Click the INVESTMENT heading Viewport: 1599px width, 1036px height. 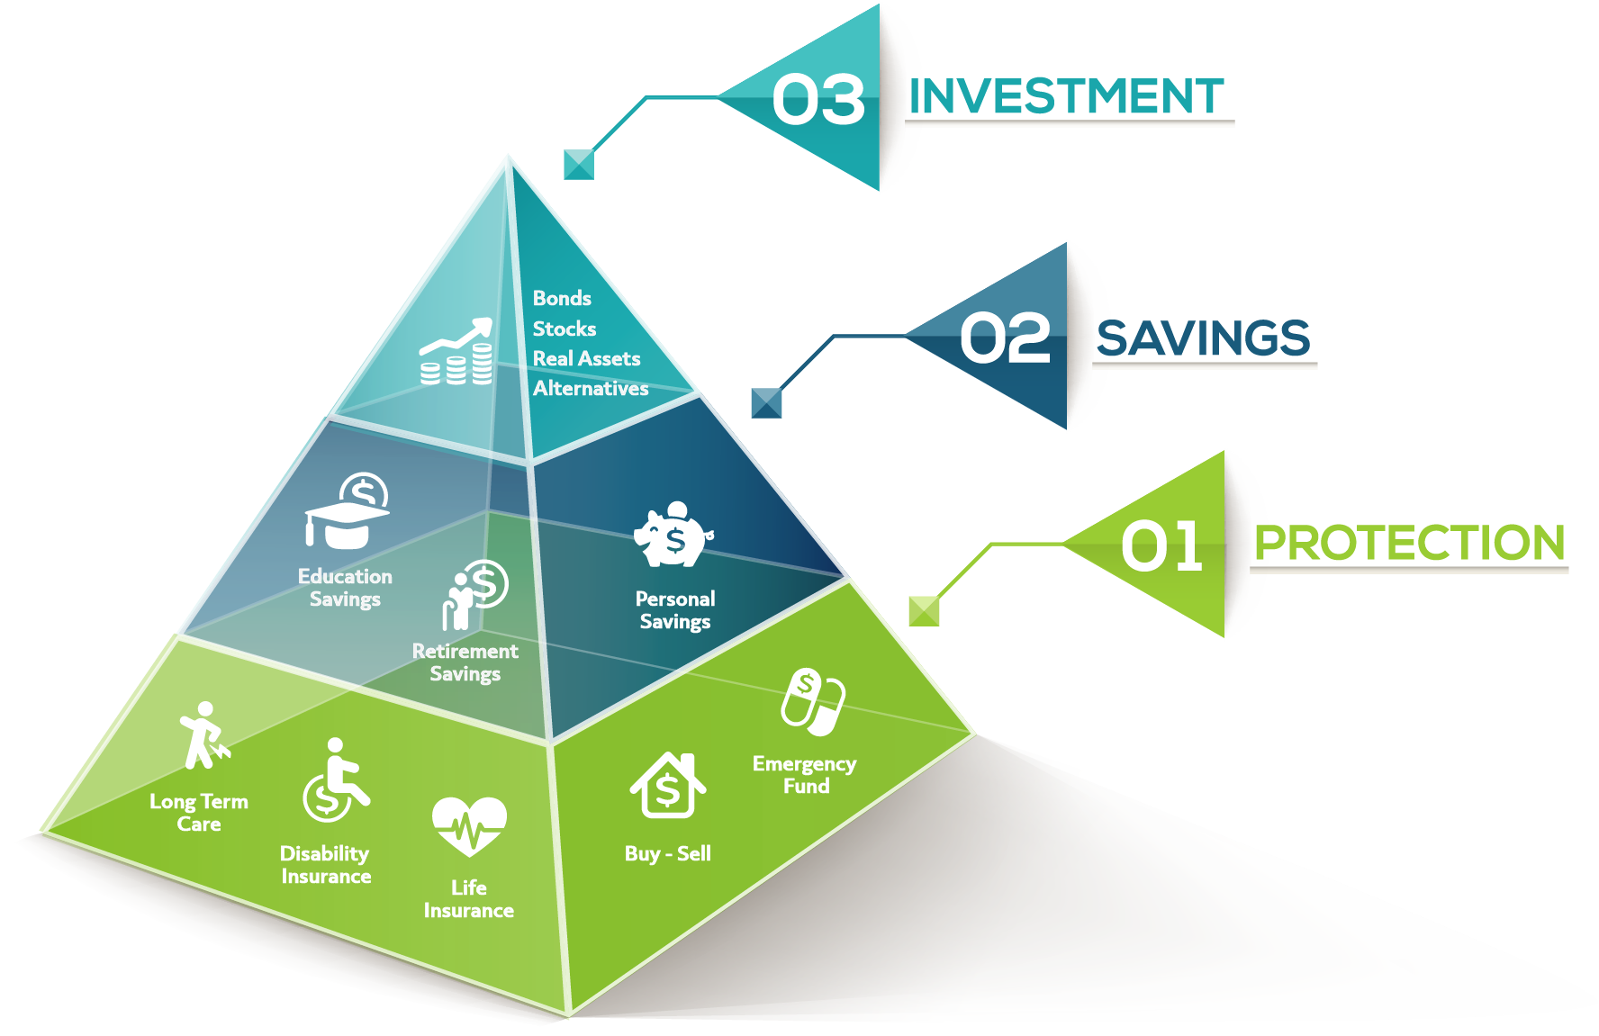[1067, 96]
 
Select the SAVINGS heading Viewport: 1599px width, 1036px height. [1203, 338]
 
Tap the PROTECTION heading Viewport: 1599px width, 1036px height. [1409, 543]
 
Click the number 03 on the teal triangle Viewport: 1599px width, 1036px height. [818, 99]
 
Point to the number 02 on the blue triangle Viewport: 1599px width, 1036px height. [1005, 338]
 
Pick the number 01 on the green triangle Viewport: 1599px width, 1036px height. [1161, 545]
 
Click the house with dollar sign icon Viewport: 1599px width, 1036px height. [667, 785]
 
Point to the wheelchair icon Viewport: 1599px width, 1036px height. [335, 780]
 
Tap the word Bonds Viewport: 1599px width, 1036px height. [562, 298]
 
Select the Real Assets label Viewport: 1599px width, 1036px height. [586, 358]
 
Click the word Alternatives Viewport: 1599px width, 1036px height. [591, 388]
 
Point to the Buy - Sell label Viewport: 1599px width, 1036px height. [667, 853]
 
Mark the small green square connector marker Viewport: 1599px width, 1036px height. [924, 610]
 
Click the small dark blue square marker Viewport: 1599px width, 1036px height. [766, 402]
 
